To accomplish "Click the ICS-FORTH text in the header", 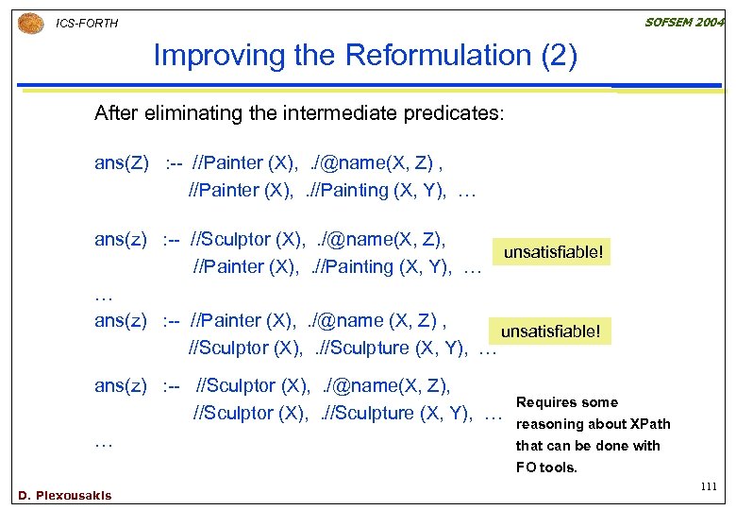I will [x=87, y=23].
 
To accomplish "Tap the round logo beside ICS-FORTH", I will [x=30, y=22].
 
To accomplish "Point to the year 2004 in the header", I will [x=711, y=22].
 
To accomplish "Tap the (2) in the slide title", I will [x=556, y=56].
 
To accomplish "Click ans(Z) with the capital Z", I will [x=122, y=163].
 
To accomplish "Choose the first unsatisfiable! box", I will [x=553, y=252].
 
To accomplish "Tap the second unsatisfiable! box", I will [x=550, y=331].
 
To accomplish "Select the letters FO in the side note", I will [x=526, y=467].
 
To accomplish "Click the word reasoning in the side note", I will [x=549, y=424].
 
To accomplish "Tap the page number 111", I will [x=710, y=485].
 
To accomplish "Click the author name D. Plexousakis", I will [x=64, y=495].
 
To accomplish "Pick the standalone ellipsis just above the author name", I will [x=104, y=442].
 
